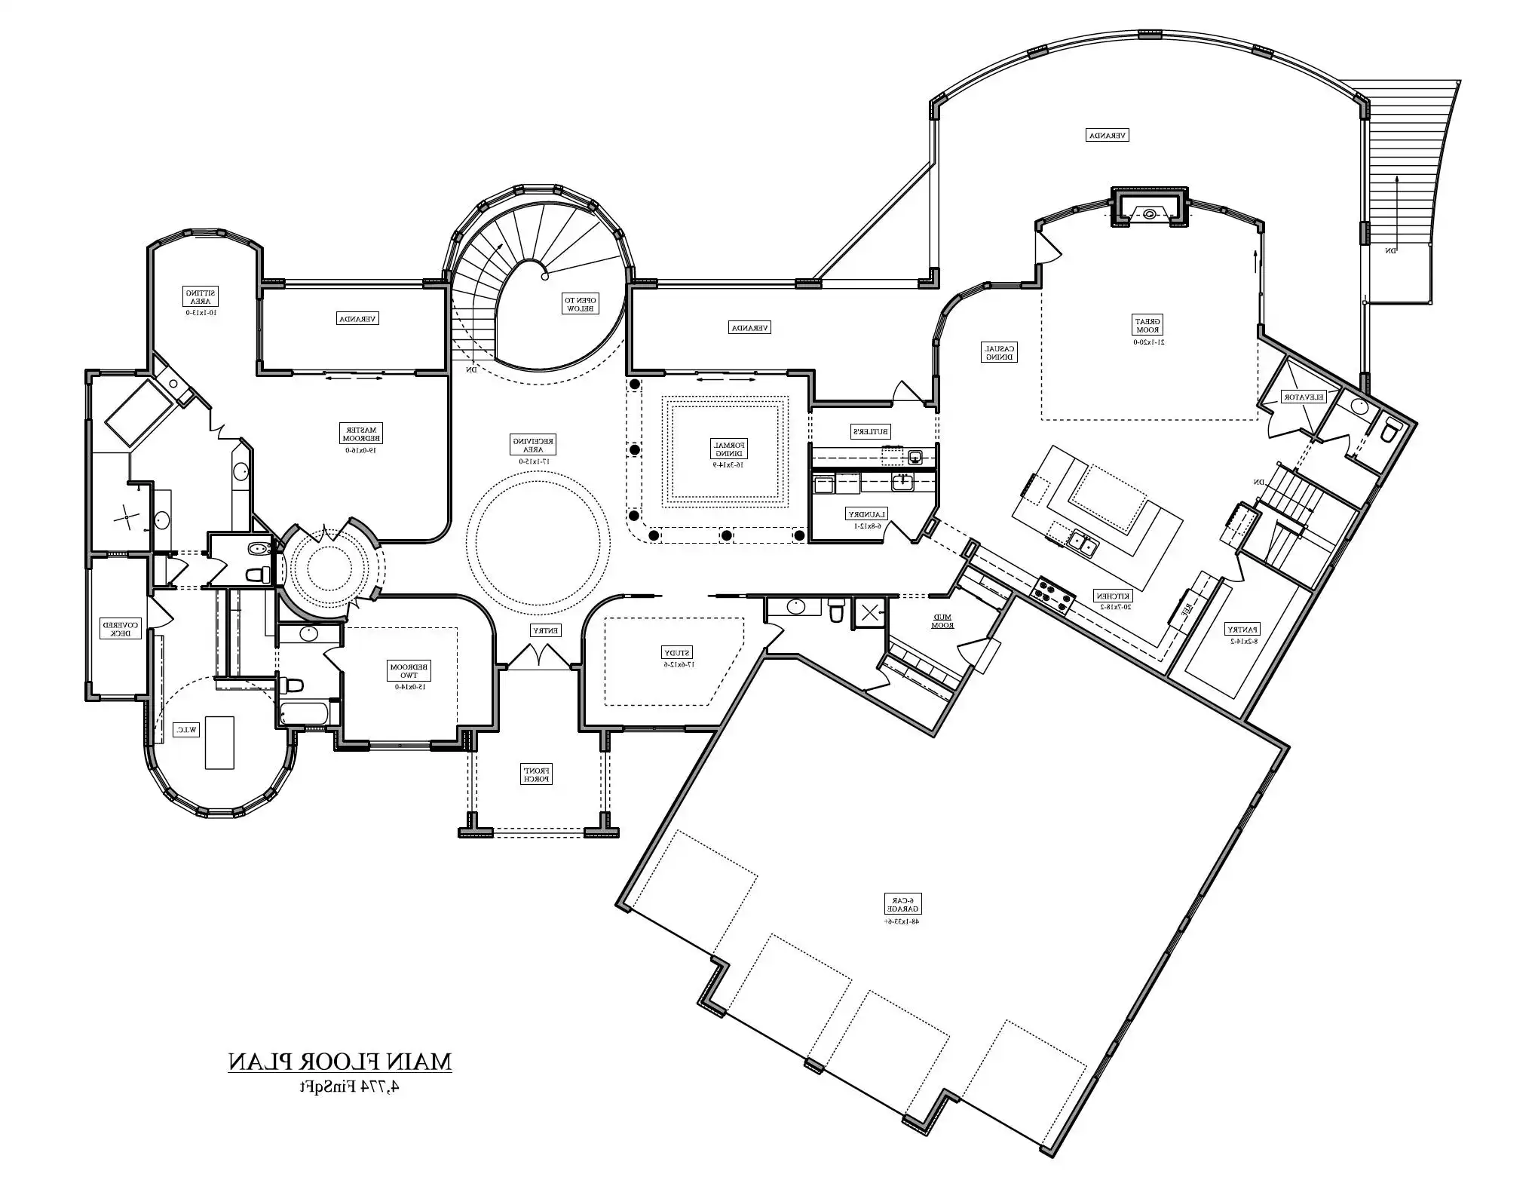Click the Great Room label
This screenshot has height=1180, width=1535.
click(x=1148, y=325)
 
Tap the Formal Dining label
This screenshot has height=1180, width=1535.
click(x=728, y=449)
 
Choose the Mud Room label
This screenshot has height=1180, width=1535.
click(x=942, y=621)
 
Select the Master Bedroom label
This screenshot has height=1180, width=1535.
click(x=363, y=432)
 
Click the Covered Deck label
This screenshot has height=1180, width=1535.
click(x=121, y=628)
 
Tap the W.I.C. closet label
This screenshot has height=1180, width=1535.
click(x=186, y=730)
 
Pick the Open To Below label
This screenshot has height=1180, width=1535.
click(x=581, y=303)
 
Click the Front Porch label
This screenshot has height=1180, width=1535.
click(x=537, y=774)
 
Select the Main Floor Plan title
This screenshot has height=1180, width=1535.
click(x=340, y=1062)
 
